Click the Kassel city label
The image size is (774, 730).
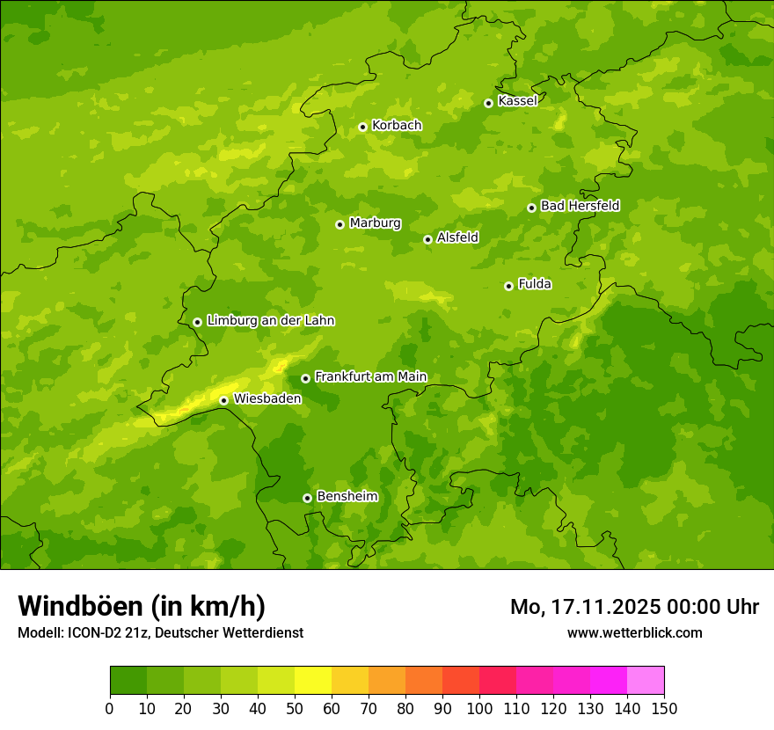pos(517,101)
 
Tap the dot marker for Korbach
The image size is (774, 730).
pos(362,127)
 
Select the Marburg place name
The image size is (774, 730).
pos(375,223)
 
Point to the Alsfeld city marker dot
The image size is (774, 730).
pos(427,239)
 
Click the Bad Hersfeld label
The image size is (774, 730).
pos(580,206)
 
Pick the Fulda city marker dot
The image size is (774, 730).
pos(508,286)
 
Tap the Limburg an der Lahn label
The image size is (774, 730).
pos(270,321)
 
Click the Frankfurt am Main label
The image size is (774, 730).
pos(370,376)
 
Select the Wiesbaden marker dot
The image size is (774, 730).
pos(223,400)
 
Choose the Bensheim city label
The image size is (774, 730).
pos(347,496)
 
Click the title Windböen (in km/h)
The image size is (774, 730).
pos(142,606)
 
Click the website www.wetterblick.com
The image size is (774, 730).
pos(634,632)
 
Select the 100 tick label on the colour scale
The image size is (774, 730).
pos(479,708)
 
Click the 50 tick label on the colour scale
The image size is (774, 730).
pos(295,708)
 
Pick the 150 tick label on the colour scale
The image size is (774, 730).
pos(664,708)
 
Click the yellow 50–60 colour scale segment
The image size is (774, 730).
pos(313,680)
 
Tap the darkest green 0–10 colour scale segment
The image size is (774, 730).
pos(128,680)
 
